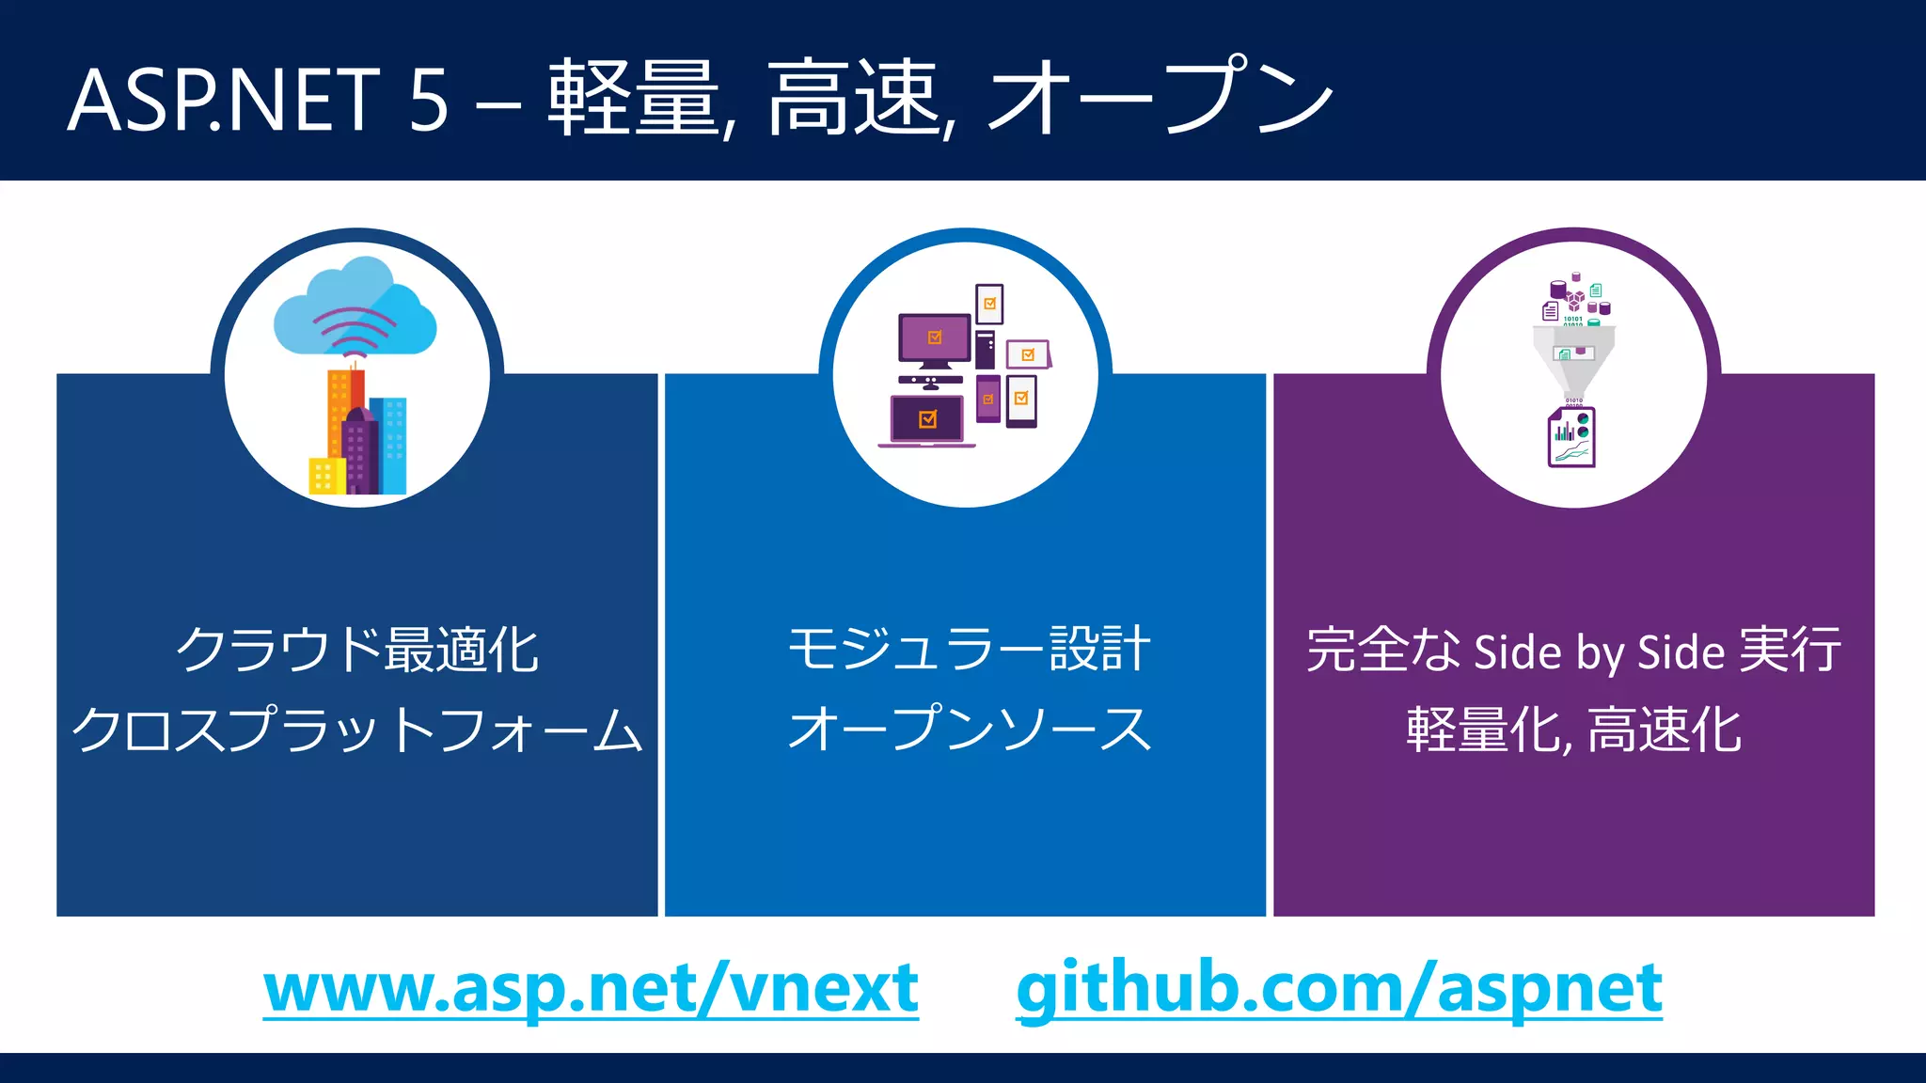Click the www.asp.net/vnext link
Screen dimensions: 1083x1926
(x=591, y=989)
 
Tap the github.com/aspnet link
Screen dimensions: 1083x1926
(x=1339, y=989)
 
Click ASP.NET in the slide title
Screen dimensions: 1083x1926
(x=224, y=100)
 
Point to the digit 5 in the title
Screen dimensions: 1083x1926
(x=428, y=100)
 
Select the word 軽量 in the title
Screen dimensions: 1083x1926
(x=633, y=98)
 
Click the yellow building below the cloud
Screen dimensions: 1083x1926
(x=324, y=476)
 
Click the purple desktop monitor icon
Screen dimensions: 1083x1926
(x=934, y=338)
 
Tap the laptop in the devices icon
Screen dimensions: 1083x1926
(x=927, y=420)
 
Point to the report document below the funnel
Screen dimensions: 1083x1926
(x=1572, y=437)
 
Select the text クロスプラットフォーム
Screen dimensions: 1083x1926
(x=357, y=730)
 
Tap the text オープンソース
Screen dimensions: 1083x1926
(x=969, y=730)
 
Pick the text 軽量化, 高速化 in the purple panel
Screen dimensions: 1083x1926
(x=1573, y=730)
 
